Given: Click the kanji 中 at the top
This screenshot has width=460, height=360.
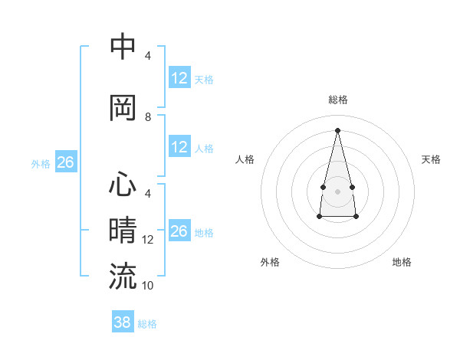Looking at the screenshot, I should click(123, 47).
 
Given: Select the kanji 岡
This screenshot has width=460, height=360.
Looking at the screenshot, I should click(123, 108).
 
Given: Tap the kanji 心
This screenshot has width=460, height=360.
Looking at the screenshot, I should click(123, 186).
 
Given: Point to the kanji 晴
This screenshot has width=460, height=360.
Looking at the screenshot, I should click(123, 231).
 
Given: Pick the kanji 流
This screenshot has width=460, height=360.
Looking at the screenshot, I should click(123, 276).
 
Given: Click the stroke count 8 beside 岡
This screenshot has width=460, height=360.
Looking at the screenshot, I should click(148, 116).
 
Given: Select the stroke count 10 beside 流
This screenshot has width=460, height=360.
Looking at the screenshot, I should click(149, 285).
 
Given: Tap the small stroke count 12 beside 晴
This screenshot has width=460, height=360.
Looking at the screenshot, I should click(149, 240).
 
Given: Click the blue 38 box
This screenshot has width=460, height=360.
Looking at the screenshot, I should click(123, 322).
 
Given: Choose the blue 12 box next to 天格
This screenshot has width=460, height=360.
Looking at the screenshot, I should click(179, 78).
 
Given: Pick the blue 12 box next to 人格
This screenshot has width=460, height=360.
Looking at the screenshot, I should click(179, 147).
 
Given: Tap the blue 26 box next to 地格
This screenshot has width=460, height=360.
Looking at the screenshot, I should click(179, 231).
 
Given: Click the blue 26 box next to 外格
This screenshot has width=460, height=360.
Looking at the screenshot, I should click(65, 162).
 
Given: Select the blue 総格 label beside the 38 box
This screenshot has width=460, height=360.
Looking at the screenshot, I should click(147, 324).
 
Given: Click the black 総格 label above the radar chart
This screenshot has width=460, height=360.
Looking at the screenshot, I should click(338, 100).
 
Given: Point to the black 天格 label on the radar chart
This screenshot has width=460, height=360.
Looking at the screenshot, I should click(431, 159).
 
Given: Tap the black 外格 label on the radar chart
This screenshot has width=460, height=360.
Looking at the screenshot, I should click(270, 262).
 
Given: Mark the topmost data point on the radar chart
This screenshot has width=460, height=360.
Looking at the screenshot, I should click(337, 129).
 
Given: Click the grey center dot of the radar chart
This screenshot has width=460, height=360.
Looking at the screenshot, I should click(337, 190).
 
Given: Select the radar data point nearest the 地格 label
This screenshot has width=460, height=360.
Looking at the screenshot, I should click(356, 217).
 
